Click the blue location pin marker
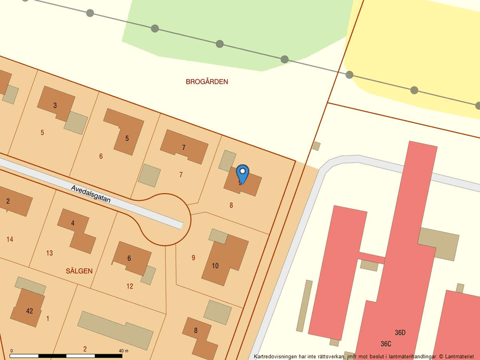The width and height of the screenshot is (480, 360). coord(243,173)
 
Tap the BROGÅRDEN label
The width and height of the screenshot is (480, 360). coord(207,82)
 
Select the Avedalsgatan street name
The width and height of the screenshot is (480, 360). coord(90,194)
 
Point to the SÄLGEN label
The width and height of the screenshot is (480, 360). coord(79,271)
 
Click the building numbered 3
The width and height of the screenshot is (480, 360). coord(55,105)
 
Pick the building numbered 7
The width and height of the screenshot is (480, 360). coord(183,147)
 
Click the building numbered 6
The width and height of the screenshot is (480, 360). coord(130,258)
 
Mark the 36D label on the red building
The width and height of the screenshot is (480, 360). coord(400,333)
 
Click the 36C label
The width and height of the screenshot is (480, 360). coord(386,344)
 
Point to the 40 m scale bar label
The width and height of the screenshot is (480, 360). coord(123,351)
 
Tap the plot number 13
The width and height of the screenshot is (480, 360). coord(49,253)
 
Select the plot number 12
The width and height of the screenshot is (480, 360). coord(130,286)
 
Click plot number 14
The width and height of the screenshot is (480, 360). coord(10,239)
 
